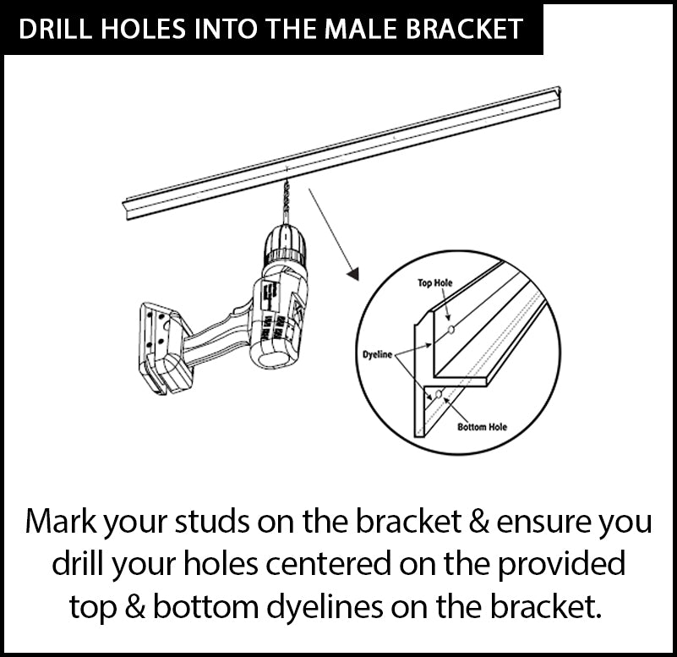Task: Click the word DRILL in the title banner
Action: [x=56, y=29]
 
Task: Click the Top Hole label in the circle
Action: [x=434, y=283]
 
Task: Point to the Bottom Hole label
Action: [x=482, y=427]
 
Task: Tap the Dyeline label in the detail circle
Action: [x=377, y=354]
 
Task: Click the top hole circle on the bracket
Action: [x=451, y=330]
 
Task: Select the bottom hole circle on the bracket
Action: [x=439, y=393]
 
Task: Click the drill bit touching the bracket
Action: [x=286, y=201]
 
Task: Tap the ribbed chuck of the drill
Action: [x=285, y=245]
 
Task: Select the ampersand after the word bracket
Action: [x=479, y=522]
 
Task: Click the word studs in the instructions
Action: [x=212, y=522]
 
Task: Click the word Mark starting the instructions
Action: [x=61, y=522]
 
